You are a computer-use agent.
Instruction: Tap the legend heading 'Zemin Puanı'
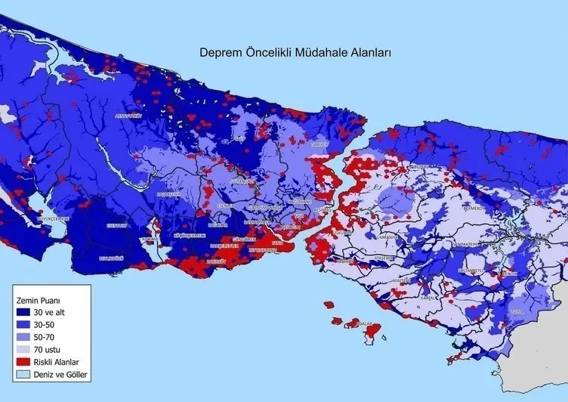coord(35,300)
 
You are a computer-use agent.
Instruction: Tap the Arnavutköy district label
coord(128,116)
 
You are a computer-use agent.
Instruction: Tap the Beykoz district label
coord(420,167)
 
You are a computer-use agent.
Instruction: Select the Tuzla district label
coord(517,311)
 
